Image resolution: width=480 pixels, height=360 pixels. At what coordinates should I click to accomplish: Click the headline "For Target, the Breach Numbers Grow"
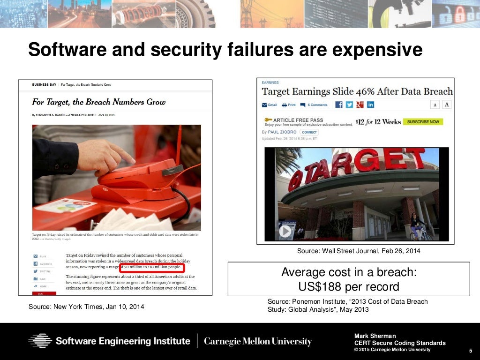98,102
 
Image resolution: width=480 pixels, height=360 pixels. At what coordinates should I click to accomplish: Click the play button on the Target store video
285,231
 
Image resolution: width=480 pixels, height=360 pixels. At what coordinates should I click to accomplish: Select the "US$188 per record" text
349,286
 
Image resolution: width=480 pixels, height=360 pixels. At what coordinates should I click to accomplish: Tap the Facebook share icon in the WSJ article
338,105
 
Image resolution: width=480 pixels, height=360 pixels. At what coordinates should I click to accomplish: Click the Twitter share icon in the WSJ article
349,105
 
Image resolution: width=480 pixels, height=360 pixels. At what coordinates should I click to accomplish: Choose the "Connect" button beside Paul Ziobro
309,132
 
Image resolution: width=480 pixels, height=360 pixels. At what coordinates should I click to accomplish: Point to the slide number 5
470,351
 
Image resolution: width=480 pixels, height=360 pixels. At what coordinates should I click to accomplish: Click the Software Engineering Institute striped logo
40,341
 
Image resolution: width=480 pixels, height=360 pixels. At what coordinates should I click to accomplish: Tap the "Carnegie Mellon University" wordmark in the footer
257,341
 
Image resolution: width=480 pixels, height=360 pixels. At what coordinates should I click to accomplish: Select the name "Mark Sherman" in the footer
375,336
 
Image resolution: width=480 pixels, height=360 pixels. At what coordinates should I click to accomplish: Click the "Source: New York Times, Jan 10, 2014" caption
86,307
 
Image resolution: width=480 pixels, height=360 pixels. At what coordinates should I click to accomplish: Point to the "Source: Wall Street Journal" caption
359,251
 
